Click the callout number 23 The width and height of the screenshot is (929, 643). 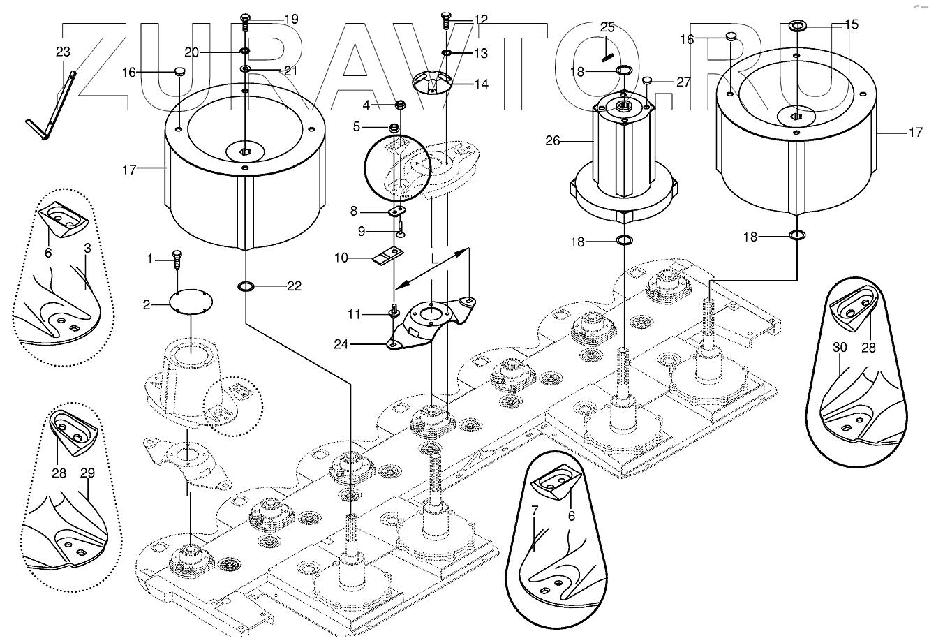click(x=63, y=52)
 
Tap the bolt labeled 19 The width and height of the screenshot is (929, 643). click(x=245, y=22)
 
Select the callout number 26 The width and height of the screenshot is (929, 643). click(x=552, y=141)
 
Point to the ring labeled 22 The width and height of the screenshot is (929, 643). click(x=246, y=286)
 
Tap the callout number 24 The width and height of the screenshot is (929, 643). click(x=341, y=344)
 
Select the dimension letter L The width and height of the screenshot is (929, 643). click(x=434, y=259)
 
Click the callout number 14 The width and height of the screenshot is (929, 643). click(x=481, y=84)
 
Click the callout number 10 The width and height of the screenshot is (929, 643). click(x=341, y=258)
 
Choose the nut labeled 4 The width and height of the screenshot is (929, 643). click(x=401, y=104)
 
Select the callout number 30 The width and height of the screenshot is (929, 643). click(x=840, y=347)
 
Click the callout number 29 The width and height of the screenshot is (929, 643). click(x=87, y=473)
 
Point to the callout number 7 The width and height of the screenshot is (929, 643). click(x=535, y=510)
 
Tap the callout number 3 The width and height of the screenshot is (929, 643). click(x=87, y=248)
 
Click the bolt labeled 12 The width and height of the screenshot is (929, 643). click(x=445, y=20)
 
